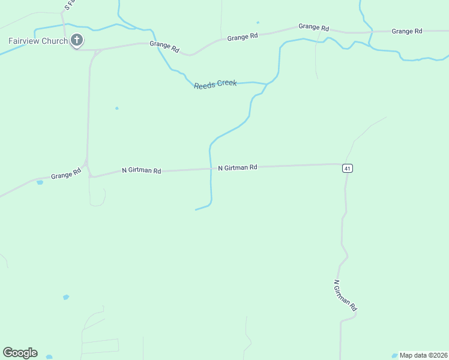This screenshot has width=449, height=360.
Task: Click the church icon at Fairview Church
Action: (x=76, y=40)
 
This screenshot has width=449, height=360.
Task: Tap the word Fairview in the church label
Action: (x=24, y=41)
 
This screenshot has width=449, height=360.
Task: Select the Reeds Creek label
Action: (x=215, y=84)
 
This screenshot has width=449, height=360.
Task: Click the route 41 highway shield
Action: (x=348, y=169)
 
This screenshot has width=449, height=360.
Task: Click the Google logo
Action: (x=20, y=353)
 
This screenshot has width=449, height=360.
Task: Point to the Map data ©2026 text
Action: (x=424, y=355)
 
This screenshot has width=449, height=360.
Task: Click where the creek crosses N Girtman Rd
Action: (x=211, y=170)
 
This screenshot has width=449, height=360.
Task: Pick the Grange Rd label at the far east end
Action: (x=407, y=31)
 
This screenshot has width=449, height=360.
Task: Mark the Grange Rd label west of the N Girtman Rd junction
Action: (x=65, y=175)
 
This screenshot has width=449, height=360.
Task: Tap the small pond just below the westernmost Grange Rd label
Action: (x=40, y=182)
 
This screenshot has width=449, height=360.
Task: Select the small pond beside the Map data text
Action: (x=394, y=355)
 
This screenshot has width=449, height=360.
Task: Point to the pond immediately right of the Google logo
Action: (x=49, y=356)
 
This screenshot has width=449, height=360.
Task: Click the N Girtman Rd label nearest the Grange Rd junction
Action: (x=141, y=170)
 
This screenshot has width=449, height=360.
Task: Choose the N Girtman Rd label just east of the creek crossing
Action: (x=237, y=167)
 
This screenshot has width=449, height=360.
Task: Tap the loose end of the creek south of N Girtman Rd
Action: (x=196, y=209)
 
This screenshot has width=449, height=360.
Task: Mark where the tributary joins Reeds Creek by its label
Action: (x=266, y=83)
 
